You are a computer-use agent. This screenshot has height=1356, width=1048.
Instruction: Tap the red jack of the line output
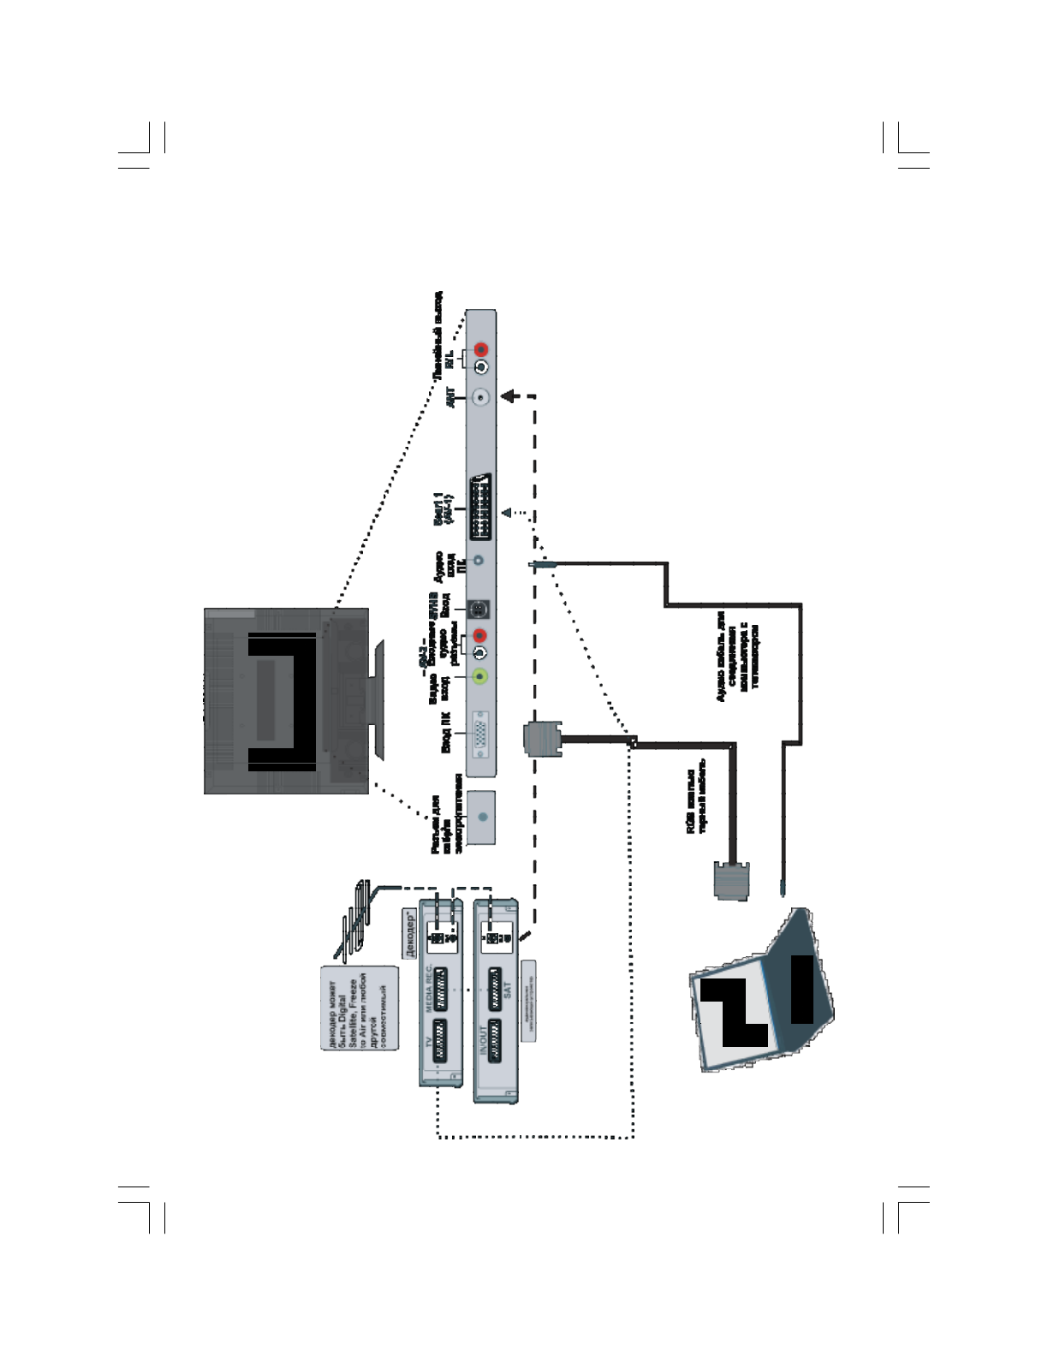coord(481,349)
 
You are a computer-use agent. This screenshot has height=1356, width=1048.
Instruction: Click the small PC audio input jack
coord(479,561)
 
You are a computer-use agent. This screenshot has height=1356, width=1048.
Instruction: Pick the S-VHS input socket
coord(480,610)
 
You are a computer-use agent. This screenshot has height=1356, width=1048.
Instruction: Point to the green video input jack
coord(481,676)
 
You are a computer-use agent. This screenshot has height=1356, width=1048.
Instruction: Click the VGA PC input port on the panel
coord(480,734)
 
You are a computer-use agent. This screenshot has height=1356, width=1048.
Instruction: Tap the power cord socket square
coord(483,817)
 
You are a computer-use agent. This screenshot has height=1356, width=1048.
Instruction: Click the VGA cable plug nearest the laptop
coord(730,881)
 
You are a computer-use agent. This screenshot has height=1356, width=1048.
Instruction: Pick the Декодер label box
coord(410,934)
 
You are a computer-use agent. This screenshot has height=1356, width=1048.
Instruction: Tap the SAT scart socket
coord(496,990)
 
